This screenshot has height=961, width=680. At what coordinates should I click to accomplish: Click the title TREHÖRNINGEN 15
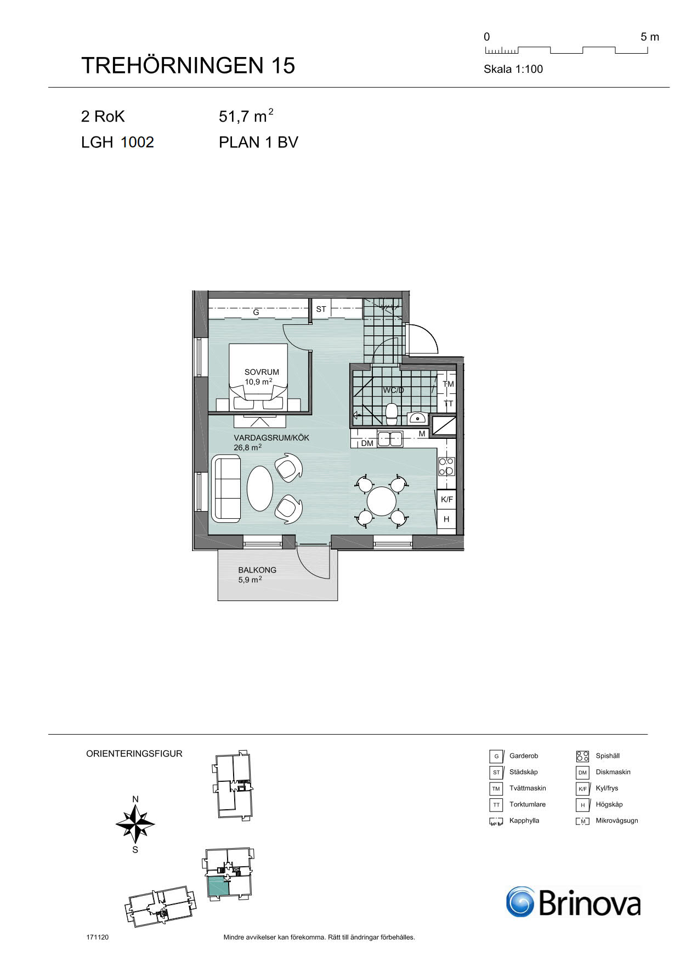[188, 65]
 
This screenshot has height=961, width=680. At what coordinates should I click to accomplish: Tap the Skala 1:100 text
[513, 69]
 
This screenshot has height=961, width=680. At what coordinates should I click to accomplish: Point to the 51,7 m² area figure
[246, 116]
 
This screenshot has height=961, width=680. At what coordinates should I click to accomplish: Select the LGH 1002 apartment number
[117, 142]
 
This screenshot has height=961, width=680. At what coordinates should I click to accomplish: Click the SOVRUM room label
[262, 372]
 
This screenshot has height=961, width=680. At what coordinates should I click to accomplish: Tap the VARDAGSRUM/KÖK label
[271, 438]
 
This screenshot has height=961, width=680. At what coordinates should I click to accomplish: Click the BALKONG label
[257, 570]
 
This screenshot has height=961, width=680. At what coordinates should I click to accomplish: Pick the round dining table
[382, 501]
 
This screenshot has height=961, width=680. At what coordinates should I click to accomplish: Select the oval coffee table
[260, 488]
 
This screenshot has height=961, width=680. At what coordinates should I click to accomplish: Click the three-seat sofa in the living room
[226, 488]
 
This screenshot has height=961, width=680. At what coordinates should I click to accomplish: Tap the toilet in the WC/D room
[392, 414]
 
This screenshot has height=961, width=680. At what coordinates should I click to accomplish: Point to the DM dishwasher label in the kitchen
[367, 443]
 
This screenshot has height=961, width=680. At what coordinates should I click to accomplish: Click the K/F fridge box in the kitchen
[447, 499]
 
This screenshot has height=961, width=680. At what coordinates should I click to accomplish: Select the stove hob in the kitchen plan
[446, 466]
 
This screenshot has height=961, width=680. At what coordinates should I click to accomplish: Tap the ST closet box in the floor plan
[321, 309]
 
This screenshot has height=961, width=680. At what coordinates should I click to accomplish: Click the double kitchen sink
[390, 439]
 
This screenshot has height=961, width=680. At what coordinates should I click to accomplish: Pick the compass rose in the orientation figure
[135, 823]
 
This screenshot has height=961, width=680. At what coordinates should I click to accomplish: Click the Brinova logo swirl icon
[520, 901]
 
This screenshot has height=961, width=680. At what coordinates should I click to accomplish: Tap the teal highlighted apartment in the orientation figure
[218, 886]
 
